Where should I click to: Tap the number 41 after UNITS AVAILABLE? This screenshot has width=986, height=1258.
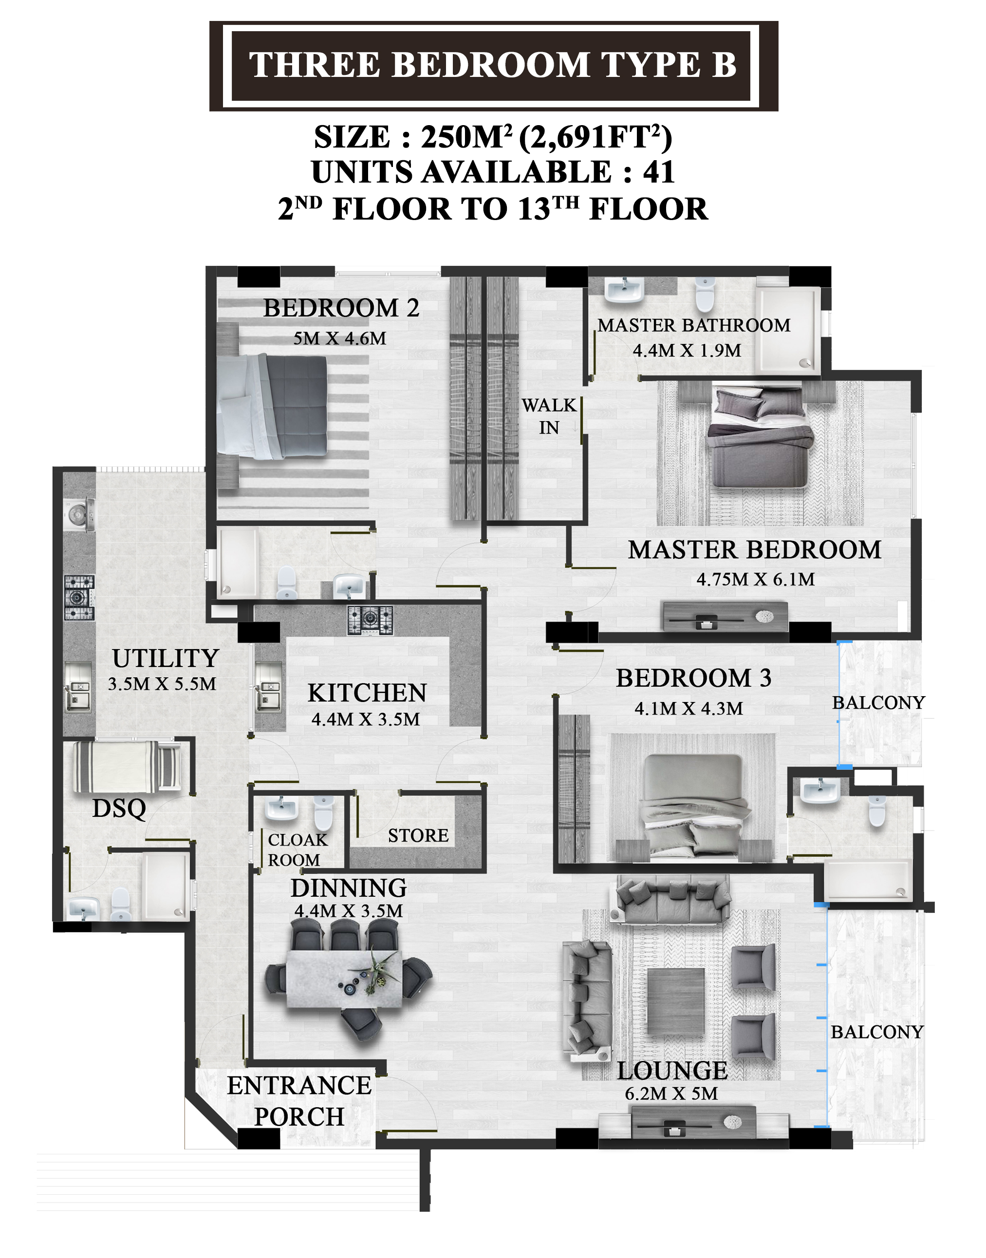coord(659,172)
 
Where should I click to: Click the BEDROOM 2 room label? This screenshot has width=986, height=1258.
coord(341,308)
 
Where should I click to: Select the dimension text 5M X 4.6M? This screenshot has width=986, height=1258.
coord(339,338)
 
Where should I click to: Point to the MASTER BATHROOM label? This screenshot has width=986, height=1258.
coord(694,326)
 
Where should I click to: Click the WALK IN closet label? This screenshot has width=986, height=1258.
coord(549,416)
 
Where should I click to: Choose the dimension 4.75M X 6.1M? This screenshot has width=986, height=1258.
coord(756,579)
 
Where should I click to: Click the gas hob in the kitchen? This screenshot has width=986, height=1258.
coord(370,620)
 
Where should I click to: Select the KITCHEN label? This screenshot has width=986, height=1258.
coord(367,693)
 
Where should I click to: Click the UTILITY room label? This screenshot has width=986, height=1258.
coord(166,658)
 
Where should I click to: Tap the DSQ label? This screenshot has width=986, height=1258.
coord(119,809)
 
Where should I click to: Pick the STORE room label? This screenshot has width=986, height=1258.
coord(418,835)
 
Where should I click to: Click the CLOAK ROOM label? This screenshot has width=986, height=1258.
coord(298,850)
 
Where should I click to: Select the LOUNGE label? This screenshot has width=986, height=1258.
coord(672,1071)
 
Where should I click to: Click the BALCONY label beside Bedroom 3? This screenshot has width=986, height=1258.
coord(878,703)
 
